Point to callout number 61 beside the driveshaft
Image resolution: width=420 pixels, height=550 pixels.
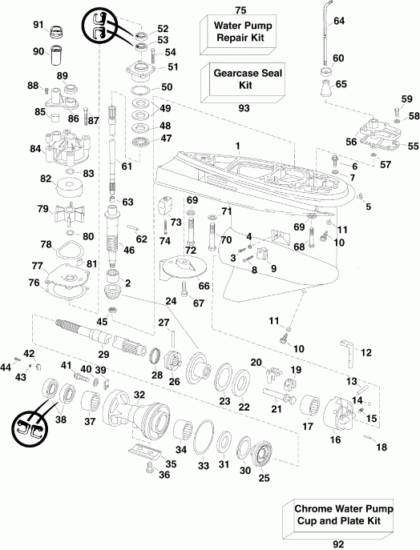tap(125, 166)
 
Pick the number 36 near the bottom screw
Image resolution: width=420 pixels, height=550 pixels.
tap(164, 475)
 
